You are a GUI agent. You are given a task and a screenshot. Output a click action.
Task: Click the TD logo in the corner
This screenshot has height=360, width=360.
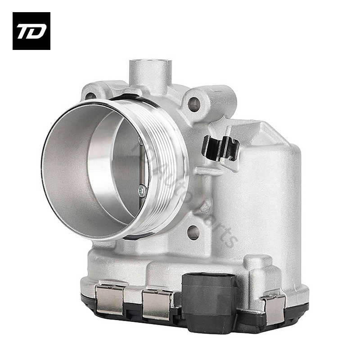click(x=31, y=31)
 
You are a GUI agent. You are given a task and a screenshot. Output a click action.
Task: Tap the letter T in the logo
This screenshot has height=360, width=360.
click(x=24, y=31)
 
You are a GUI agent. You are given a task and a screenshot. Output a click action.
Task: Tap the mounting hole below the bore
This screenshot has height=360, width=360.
click(x=193, y=232)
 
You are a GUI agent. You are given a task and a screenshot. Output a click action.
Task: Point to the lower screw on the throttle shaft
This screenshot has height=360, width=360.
click(x=142, y=191)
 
